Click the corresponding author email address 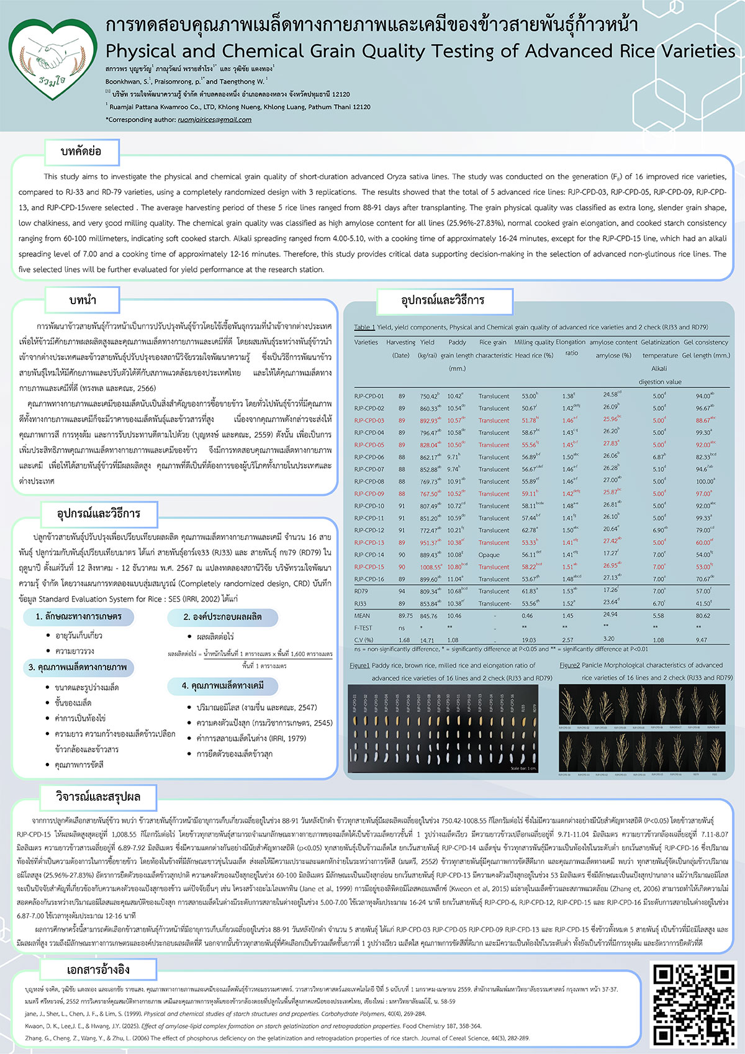pyautogui.click(x=214, y=120)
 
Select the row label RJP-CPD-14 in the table pyautogui.click(x=369, y=555)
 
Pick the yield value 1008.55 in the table pyautogui.click(x=430, y=567)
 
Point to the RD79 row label pyautogui.click(x=361, y=592)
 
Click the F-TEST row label pyautogui.click(x=363, y=628)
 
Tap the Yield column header pyautogui.click(x=427, y=342)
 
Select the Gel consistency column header pyautogui.click(x=706, y=342)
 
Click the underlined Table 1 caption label pyautogui.click(x=364, y=327)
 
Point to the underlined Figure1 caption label pyautogui.click(x=359, y=665)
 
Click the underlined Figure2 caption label pyautogui.click(x=569, y=665)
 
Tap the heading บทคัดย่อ pyautogui.click(x=81, y=151)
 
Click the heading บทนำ pyautogui.click(x=83, y=300)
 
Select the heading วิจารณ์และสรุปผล pyautogui.click(x=98, y=797)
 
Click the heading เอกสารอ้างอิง pyautogui.click(x=98, y=970)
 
